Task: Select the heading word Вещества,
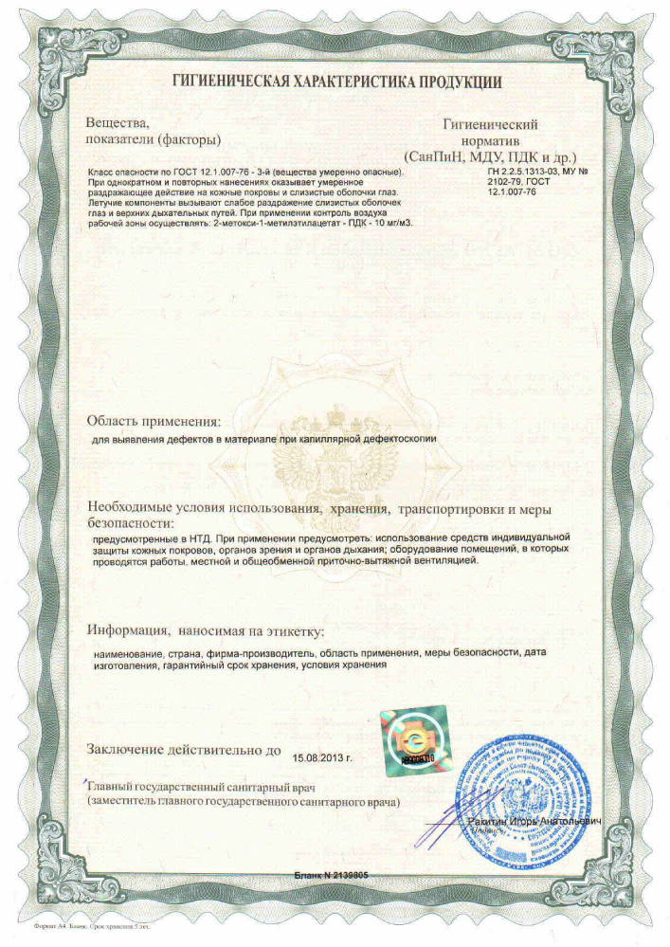(x=118, y=123)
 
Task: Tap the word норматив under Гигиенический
(x=490, y=139)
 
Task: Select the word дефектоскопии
(x=397, y=441)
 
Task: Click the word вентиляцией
(x=445, y=560)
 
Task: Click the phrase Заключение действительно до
(x=184, y=749)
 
